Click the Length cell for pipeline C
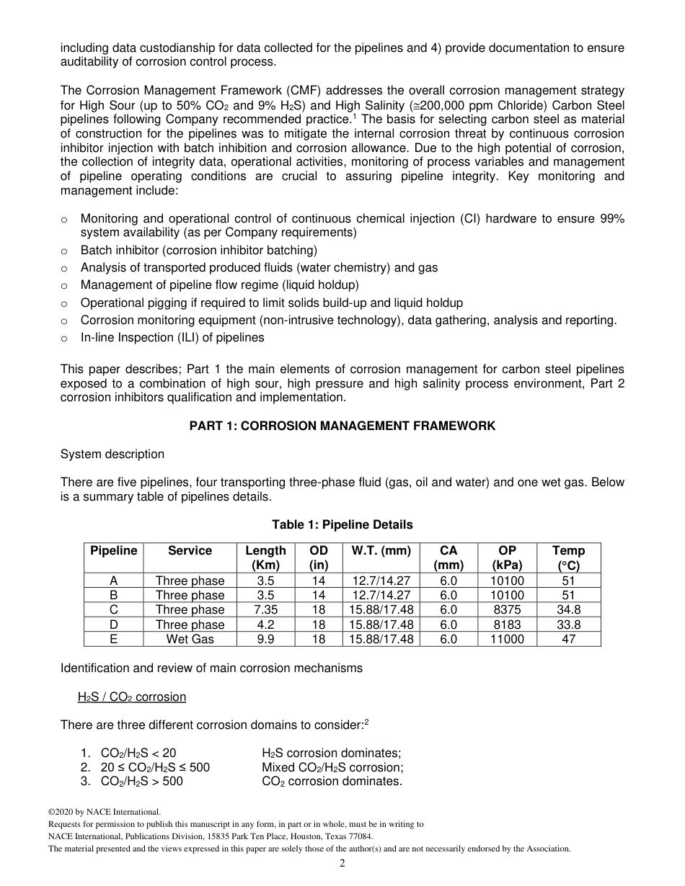[265, 610]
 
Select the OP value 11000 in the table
[507, 639]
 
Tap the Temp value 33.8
[568, 625]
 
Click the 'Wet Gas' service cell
[190, 639]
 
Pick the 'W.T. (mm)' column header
[381, 551]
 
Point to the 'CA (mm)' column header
[448, 558]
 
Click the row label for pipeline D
[113, 625]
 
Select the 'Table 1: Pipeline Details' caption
[342, 524]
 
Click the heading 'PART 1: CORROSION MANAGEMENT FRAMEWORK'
[342, 426]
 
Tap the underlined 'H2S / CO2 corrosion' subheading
[132, 697]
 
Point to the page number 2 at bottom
[342, 864]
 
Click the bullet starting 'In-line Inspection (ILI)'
[172, 337]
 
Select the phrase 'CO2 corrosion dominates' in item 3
[332, 781]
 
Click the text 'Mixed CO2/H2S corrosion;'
[332, 767]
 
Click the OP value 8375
[507, 610]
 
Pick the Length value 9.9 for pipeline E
[265, 639]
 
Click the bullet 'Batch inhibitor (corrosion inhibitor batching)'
[198, 250]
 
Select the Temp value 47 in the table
[568, 639]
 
